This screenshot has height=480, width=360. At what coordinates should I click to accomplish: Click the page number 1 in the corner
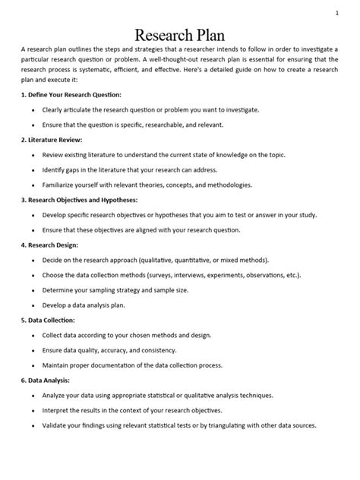tap(336, 13)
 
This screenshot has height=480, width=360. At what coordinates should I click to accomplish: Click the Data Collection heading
tap(51, 320)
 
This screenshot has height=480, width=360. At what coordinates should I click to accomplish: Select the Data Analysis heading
tap(48, 380)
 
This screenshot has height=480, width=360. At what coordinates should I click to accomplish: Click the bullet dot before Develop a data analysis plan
tap(33, 305)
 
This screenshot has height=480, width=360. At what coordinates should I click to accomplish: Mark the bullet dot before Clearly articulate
tap(33, 110)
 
